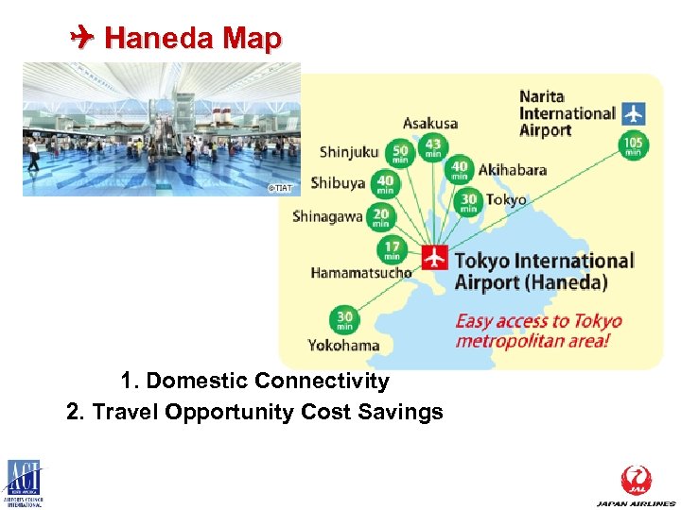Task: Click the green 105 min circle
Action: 633,145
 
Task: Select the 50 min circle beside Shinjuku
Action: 400,152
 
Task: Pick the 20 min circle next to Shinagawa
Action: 380,218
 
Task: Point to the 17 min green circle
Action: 392,250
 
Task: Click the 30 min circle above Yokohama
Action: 345,318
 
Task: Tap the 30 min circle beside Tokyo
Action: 469,201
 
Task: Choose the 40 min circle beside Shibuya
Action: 385,184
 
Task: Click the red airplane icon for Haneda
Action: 435,256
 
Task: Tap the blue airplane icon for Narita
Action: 633,113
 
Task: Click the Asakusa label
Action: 430,123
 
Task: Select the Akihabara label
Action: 513,170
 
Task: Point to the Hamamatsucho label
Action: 361,273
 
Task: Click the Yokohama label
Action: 343,345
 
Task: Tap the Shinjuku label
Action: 349,151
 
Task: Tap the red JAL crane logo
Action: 636,479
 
